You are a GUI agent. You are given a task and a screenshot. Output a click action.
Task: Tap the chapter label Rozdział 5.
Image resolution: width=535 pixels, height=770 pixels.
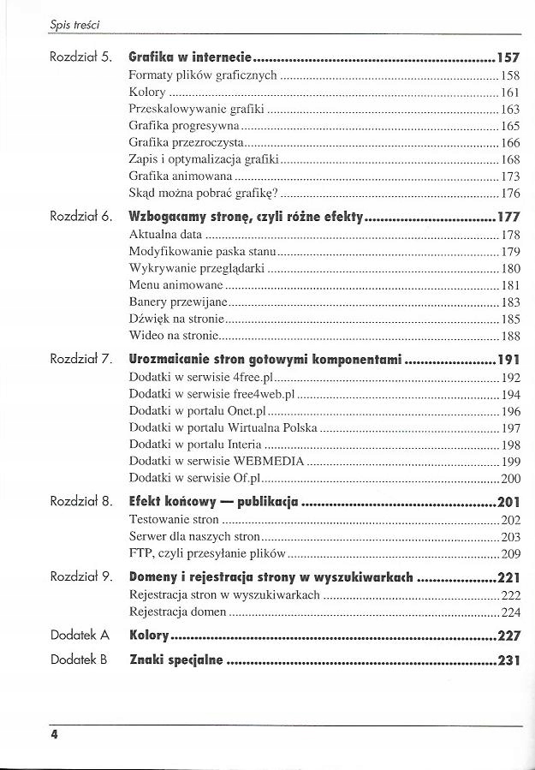(x=81, y=59)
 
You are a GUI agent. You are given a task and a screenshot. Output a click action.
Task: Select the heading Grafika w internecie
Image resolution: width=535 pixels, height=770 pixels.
(x=190, y=59)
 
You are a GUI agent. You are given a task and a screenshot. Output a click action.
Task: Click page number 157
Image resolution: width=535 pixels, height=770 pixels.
(x=508, y=59)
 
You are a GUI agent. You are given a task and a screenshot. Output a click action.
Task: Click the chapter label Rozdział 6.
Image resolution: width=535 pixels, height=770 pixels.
(x=81, y=218)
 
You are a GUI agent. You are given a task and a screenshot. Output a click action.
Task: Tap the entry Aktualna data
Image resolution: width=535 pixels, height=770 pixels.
(x=165, y=235)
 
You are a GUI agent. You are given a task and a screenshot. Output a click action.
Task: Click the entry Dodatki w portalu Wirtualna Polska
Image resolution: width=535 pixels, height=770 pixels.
(x=223, y=427)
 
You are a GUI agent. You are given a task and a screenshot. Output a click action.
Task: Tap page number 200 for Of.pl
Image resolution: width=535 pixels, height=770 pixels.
(x=511, y=478)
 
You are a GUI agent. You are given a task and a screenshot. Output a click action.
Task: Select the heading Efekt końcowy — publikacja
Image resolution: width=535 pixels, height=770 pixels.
(x=214, y=502)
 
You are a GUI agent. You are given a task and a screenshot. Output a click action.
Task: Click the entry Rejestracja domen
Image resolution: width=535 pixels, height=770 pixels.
(x=177, y=612)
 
